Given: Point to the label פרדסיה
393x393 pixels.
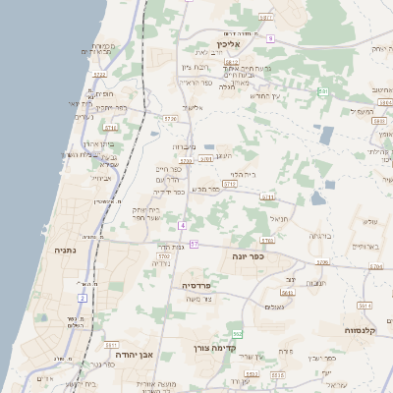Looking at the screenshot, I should click(x=203, y=285).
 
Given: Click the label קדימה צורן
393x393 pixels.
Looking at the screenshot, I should click(x=237, y=347).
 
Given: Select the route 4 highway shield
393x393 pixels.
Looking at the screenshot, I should click(x=182, y=225).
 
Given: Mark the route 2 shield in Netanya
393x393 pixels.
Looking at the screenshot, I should click(x=83, y=297).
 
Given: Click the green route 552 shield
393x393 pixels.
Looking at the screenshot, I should click(x=237, y=334).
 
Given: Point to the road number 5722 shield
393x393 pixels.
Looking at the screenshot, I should click(x=99, y=74).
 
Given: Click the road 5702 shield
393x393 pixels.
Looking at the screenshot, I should click(x=163, y=256).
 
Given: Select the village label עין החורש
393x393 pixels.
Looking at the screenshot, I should click(x=264, y=95).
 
